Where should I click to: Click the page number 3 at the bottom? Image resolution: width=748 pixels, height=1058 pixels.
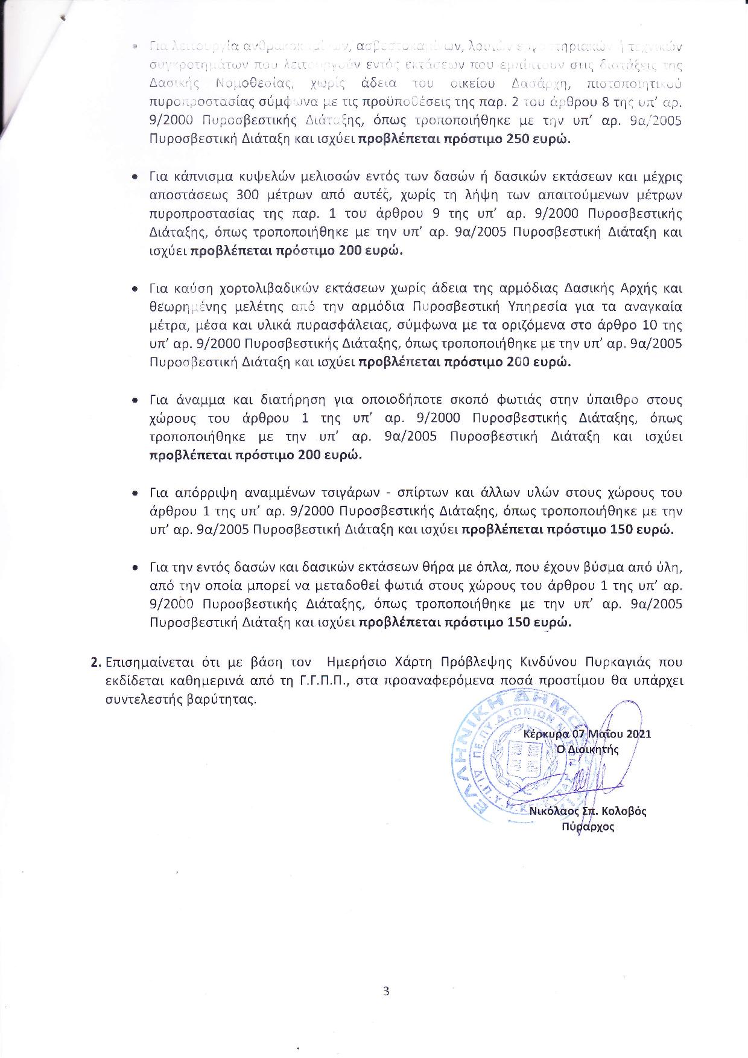point(386,991)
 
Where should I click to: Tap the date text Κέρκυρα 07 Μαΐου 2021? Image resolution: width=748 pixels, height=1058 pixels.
point(587,734)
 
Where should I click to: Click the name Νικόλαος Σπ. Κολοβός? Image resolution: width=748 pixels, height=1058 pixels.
point(588,811)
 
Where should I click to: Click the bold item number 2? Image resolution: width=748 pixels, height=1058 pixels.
point(95,663)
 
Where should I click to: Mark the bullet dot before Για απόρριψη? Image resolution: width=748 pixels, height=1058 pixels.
point(137,493)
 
